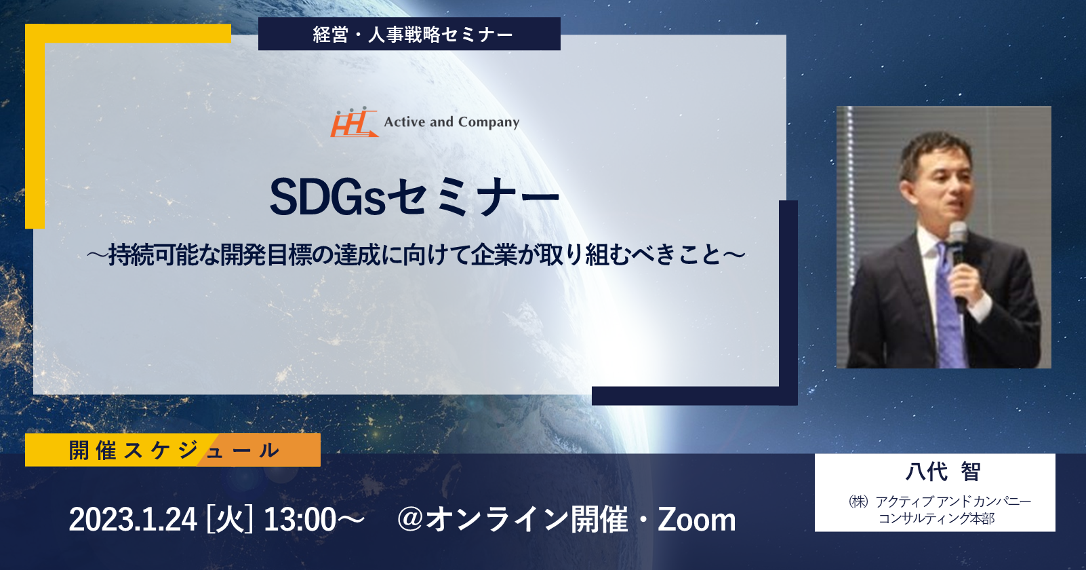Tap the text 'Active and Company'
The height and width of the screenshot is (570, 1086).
pyautogui.click(x=451, y=121)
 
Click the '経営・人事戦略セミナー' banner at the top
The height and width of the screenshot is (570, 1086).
pyautogui.click(x=409, y=34)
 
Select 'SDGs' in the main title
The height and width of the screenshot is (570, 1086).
pyautogui.click(x=327, y=198)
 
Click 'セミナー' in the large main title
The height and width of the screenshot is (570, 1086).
pyautogui.click(x=473, y=198)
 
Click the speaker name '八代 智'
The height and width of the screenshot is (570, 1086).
pyautogui.click(x=943, y=472)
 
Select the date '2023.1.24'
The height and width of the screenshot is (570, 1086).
pyautogui.click(x=133, y=520)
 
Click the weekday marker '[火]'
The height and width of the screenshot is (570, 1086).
pyautogui.click(x=229, y=520)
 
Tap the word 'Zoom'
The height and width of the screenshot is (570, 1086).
pyautogui.click(x=697, y=520)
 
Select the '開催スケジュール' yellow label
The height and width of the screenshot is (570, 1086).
pyautogui.click(x=173, y=450)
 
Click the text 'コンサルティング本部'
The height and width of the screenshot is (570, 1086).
pyautogui.click(x=936, y=518)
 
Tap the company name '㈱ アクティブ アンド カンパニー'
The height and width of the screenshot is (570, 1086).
pyautogui.click(x=940, y=501)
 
